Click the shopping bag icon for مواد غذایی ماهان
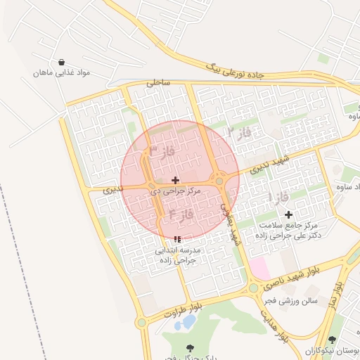click(63, 62)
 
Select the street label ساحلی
click(158, 83)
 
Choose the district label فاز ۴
click(181, 213)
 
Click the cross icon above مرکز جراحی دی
click(175, 181)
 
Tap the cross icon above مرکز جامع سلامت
click(288, 214)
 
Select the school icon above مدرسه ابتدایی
click(177, 239)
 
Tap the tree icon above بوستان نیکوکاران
click(331, 340)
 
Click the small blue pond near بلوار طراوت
click(189, 322)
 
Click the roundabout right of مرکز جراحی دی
click(220, 181)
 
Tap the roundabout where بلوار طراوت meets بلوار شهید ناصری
click(253, 288)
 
